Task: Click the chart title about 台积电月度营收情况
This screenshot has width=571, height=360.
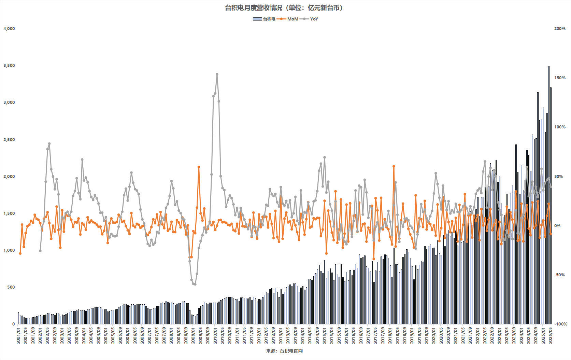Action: click(x=284, y=8)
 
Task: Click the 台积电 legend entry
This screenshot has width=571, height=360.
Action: click(x=265, y=19)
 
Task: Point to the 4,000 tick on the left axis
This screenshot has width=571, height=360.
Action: click(x=9, y=29)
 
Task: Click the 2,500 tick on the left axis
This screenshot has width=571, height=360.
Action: click(x=9, y=140)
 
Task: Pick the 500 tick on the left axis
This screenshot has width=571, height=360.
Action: click(x=11, y=287)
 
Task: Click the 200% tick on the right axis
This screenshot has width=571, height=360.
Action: click(x=560, y=29)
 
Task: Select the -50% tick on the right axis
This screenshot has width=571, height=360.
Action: click(x=560, y=275)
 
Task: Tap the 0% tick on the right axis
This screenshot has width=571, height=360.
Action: click(x=557, y=226)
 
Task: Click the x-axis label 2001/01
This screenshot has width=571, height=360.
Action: click(x=18, y=335)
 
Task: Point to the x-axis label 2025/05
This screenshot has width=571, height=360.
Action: click(x=551, y=335)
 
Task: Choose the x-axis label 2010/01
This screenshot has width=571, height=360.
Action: click(x=215, y=335)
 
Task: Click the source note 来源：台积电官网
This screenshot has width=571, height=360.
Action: click(x=285, y=351)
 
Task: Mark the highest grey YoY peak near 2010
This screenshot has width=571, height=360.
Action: click(x=217, y=74)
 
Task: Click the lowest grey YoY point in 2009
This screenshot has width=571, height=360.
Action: click(x=195, y=284)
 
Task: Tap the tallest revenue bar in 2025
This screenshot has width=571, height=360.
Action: click(x=549, y=66)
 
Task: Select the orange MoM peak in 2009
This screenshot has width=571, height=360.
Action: click(x=199, y=167)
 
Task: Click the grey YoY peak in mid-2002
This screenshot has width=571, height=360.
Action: click(x=49, y=144)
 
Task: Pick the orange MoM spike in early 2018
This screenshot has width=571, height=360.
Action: click(x=394, y=166)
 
